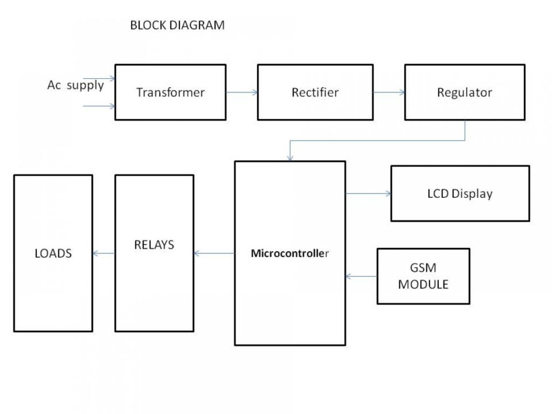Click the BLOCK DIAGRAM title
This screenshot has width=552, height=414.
177,25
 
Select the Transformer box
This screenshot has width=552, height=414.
170,92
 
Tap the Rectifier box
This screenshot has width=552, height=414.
315,92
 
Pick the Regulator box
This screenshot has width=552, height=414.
464,92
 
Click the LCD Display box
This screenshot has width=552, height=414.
459,194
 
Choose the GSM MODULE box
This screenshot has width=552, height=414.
423,275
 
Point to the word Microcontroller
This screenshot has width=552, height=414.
289,253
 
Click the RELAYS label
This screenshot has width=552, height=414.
154,245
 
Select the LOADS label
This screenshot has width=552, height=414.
53,253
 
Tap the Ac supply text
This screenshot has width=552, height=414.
75,85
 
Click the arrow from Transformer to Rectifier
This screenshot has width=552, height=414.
241,92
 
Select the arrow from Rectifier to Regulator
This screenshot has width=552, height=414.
389,92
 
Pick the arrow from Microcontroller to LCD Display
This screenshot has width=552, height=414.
368,193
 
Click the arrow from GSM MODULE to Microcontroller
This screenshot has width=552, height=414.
361,277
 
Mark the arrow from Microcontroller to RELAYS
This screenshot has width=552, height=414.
214,253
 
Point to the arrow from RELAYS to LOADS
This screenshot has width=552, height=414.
103,253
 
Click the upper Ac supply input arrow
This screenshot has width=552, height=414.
99,79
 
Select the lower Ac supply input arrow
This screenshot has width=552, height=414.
99,106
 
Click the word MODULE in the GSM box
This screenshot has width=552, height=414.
423,284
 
